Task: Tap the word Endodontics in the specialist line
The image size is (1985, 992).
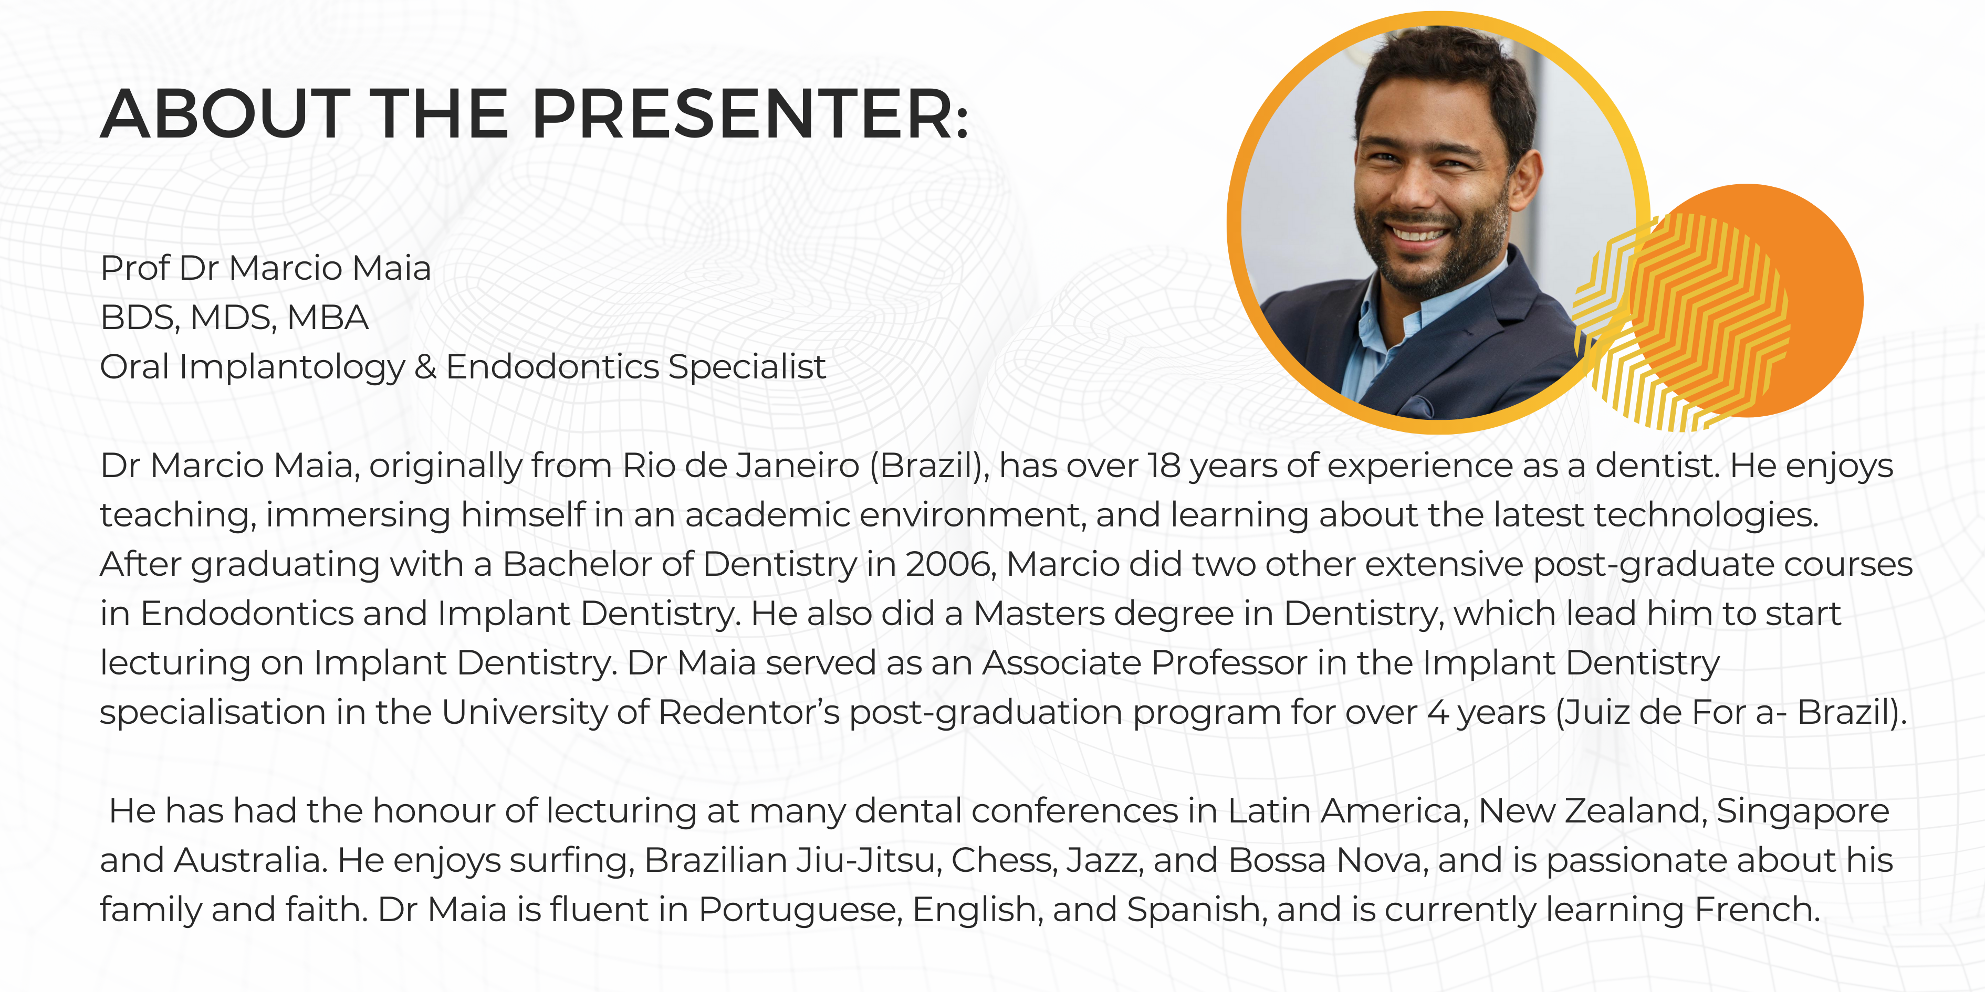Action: [552, 366]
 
